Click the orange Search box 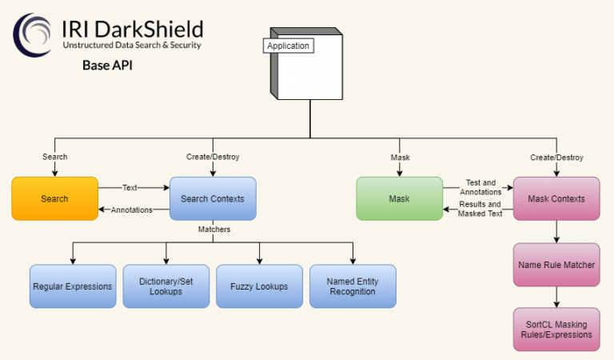54,198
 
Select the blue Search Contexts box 213,198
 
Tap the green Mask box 399,198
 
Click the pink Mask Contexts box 556,198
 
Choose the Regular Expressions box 73,286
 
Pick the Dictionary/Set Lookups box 166,286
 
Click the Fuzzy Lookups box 259,286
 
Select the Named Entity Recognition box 353,286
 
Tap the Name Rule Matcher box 556,265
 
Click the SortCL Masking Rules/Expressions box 556,330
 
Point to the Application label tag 288,46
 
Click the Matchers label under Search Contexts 213,230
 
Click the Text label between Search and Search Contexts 130,187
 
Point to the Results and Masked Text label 479,210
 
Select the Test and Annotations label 480,187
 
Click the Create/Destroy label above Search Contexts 213,157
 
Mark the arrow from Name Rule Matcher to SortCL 556,297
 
